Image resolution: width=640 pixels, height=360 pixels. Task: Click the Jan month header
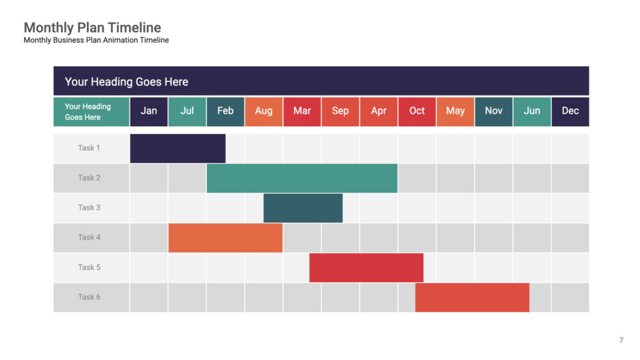pyautogui.click(x=149, y=111)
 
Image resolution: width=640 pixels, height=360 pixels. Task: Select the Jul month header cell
pyautogui.click(x=187, y=111)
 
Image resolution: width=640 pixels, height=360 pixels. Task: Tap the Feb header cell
pyautogui.click(x=225, y=111)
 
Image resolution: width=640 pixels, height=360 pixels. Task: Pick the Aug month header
pyautogui.click(x=264, y=111)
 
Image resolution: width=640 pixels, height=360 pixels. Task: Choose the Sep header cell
pyautogui.click(x=340, y=111)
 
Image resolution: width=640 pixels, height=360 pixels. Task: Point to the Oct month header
pyautogui.click(x=417, y=111)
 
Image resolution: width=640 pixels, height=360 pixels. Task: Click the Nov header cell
pyautogui.click(x=493, y=111)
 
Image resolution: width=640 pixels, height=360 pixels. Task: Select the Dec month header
pyautogui.click(x=570, y=111)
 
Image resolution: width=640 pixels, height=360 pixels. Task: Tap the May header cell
pyautogui.click(x=455, y=111)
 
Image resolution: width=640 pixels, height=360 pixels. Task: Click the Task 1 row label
pyautogui.click(x=89, y=148)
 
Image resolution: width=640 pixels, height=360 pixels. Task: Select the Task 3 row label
pyautogui.click(x=89, y=207)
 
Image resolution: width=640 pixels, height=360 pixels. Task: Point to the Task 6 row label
pyautogui.click(x=89, y=297)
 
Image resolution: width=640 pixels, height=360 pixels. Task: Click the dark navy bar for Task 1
pyautogui.click(x=177, y=148)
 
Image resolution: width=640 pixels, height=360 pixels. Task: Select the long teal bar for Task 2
pyautogui.click(x=302, y=178)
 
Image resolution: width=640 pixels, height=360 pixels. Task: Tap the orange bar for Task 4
pyautogui.click(x=225, y=237)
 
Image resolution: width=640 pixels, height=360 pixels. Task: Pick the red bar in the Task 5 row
pyautogui.click(x=366, y=267)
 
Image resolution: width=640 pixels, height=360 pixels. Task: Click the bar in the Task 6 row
pyautogui.click(x=472, y=297)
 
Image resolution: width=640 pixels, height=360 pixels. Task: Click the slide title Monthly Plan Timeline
pyautogui.click(x=92, y=27)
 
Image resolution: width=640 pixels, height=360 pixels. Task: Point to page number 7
pyautogui.click(x=621, y=340)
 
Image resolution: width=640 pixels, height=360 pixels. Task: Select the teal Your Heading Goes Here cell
pyautogui.click(x=91, y=112)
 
